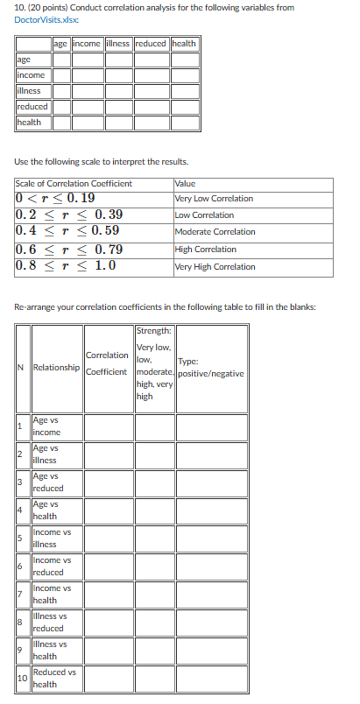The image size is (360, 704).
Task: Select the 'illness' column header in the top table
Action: coord(117,44)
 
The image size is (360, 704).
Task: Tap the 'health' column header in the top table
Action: coord(184,44)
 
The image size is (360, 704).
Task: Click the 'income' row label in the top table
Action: coord(32,74)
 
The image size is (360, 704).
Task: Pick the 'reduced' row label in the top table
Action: coord(32,106)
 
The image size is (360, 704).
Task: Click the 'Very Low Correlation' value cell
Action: coord(214,199)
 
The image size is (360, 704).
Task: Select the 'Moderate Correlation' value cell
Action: coord(215,232)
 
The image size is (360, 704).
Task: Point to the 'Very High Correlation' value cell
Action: coord(215,266)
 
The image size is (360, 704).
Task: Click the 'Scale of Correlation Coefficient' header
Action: coord(74,184)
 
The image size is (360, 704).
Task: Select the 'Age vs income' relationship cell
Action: coord(46,426)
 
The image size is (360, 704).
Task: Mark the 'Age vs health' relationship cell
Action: coord(46,510)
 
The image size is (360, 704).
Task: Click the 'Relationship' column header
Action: coord(56,368)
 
